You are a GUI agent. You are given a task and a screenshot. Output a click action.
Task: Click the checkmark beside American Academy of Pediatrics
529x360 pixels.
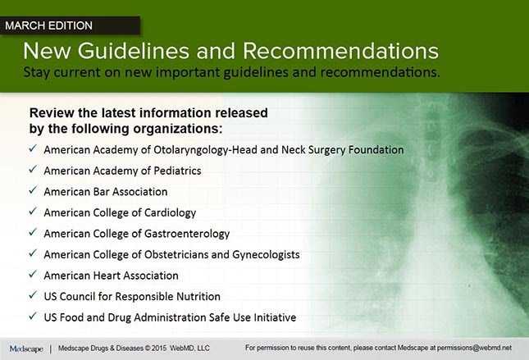31,171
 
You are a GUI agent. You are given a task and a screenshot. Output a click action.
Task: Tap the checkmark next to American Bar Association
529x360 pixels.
31,191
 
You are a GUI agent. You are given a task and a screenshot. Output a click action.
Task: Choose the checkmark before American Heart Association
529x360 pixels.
31,275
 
